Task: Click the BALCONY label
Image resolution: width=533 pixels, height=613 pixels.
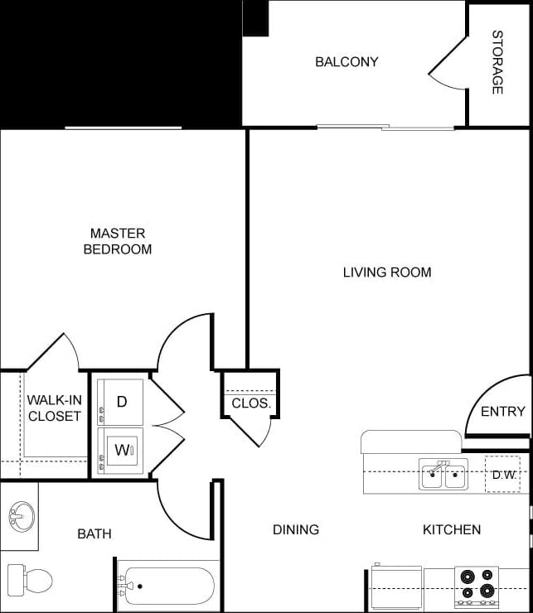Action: coord(346,62)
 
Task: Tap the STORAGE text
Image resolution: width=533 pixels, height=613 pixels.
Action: coord(497,62)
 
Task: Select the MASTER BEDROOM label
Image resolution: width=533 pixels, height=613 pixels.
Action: coord(118,241)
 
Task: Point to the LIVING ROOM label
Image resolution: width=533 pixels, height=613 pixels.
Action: coord(387,272)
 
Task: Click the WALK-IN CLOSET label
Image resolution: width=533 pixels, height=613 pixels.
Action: coord(55,408)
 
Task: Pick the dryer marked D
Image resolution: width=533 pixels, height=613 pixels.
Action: coord(121,402)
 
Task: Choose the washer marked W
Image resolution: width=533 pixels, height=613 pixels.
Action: coord(121,451)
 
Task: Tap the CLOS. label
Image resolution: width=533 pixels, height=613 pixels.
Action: coord(250,403)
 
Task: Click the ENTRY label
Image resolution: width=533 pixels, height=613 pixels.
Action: coord(503,412)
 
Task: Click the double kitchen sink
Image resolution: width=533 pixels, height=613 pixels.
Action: coord(443,475)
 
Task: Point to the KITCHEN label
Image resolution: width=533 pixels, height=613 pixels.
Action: coord(452,529)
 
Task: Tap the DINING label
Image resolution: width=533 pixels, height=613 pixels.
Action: coord(296,529)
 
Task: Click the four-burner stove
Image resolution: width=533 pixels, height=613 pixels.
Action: coord(477,583)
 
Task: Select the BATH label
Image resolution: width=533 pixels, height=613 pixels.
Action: coord(94,533)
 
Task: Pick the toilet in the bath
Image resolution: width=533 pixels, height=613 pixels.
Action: coord(30,578)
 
